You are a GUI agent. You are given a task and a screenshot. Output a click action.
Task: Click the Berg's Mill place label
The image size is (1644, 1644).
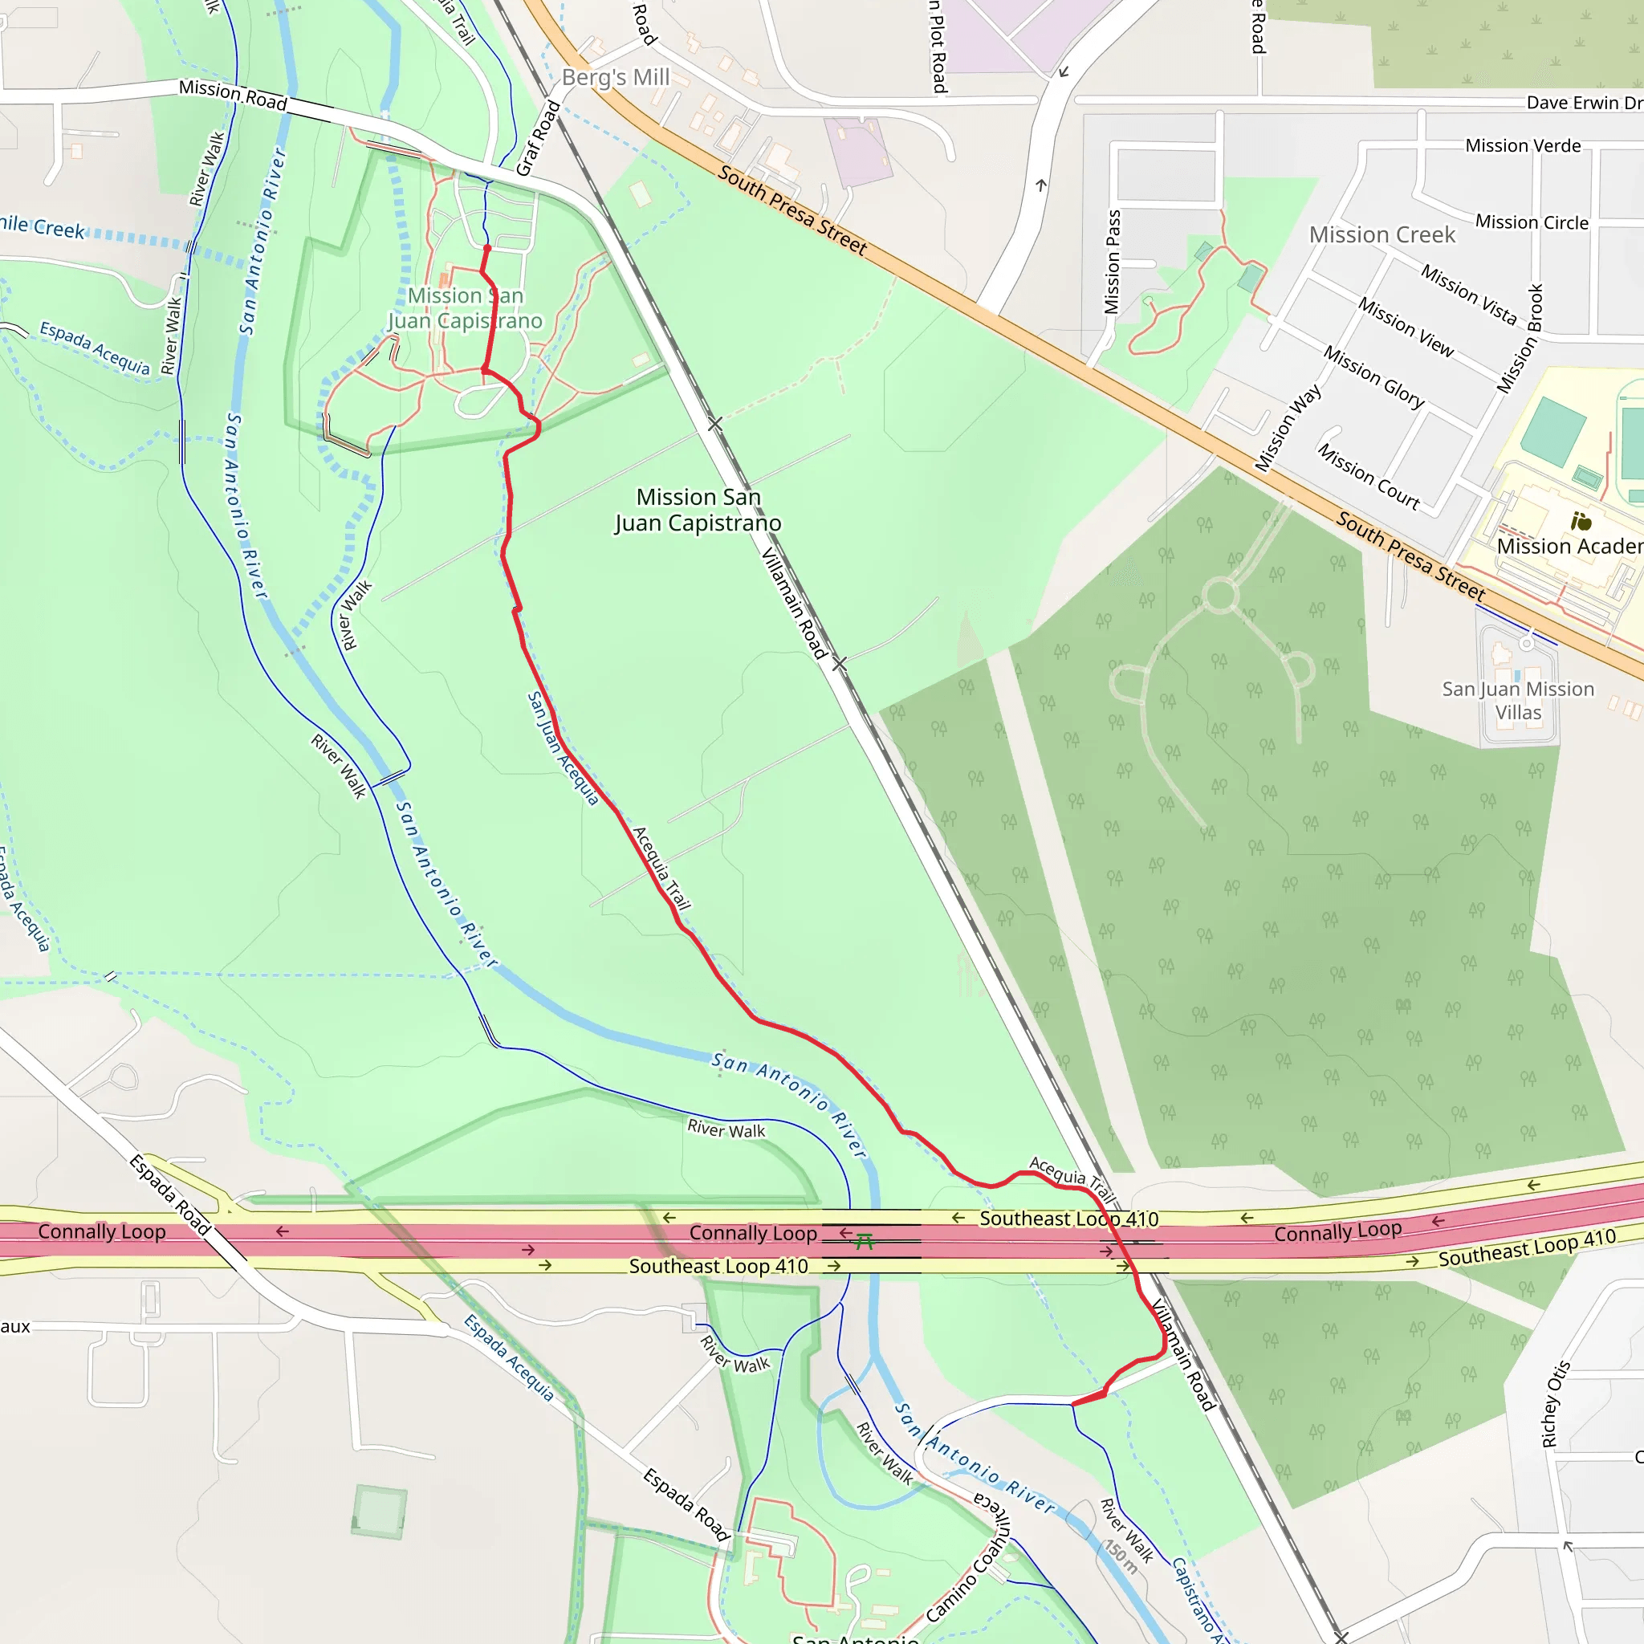click(615, 77)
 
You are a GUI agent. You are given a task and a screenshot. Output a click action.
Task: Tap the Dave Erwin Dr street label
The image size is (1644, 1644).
click(1584, 103)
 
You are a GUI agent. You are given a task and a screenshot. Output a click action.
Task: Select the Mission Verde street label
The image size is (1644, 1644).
click(1522, 145)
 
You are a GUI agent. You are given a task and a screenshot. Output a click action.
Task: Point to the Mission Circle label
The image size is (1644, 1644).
click(1531, 222)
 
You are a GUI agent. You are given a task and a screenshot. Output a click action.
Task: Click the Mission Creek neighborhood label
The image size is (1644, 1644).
click(1382, 235)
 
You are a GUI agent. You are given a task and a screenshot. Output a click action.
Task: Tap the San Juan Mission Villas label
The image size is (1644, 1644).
click(1517, 700)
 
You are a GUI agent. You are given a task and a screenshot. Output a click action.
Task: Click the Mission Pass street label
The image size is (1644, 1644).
click(1111, 261)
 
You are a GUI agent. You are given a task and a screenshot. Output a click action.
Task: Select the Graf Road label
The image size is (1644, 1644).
click(538, 139)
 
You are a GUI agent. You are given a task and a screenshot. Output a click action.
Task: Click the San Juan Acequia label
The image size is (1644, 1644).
click(563, 748)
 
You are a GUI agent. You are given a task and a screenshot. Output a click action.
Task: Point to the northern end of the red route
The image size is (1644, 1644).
click(486, 247)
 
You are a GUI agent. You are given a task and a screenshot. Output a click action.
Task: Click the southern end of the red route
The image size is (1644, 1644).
click(1074, 1403)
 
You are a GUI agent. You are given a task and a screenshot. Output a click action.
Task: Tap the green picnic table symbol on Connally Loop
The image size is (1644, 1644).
click(865, 1242)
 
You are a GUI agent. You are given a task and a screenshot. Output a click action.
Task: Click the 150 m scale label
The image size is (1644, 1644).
click(1121, 1557)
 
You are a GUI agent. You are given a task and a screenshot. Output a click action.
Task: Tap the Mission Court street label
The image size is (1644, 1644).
click(1369, 477)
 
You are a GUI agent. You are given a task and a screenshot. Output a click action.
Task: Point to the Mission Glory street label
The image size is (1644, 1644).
click(1373, 377)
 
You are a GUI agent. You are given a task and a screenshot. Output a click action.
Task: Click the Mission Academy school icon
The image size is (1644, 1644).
click(1581, 521)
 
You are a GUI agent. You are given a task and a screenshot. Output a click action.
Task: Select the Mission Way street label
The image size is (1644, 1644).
click(1288, 428)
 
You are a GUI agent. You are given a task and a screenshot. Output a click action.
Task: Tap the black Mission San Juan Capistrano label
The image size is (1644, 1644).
click(698, 510)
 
